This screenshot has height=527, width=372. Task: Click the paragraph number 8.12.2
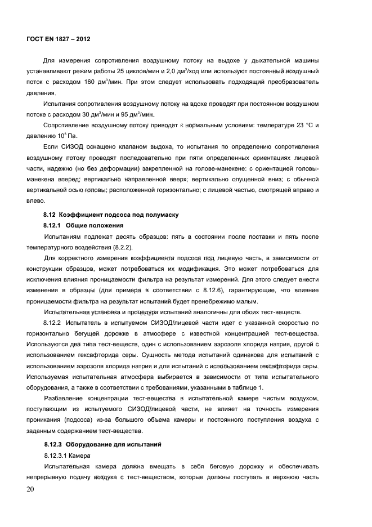coord(55,323)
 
